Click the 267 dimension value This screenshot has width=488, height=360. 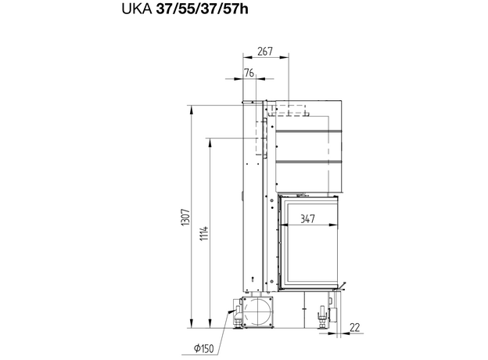pyautogui.click(x=265, y=52)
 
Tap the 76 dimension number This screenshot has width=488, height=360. pyautogui.click(x=249, y=73)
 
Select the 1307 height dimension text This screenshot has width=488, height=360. pyautogui.click(x=186, y=218)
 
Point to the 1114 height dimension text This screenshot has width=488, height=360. pyautogui.click(x=204, y=233)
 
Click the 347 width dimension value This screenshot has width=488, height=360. pyautogui.click(x=307, y=219)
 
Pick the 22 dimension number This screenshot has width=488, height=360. pyautogui.click(x=355, y=327)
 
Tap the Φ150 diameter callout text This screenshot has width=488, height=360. pyautogui.click(x=204, y=347)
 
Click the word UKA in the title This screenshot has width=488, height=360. pyautogui.click(x=137, y=9)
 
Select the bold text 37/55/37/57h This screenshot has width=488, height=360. pyautogui.click(x=202, y=9)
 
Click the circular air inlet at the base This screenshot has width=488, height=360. pyautogui.click(x=258, y=312)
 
